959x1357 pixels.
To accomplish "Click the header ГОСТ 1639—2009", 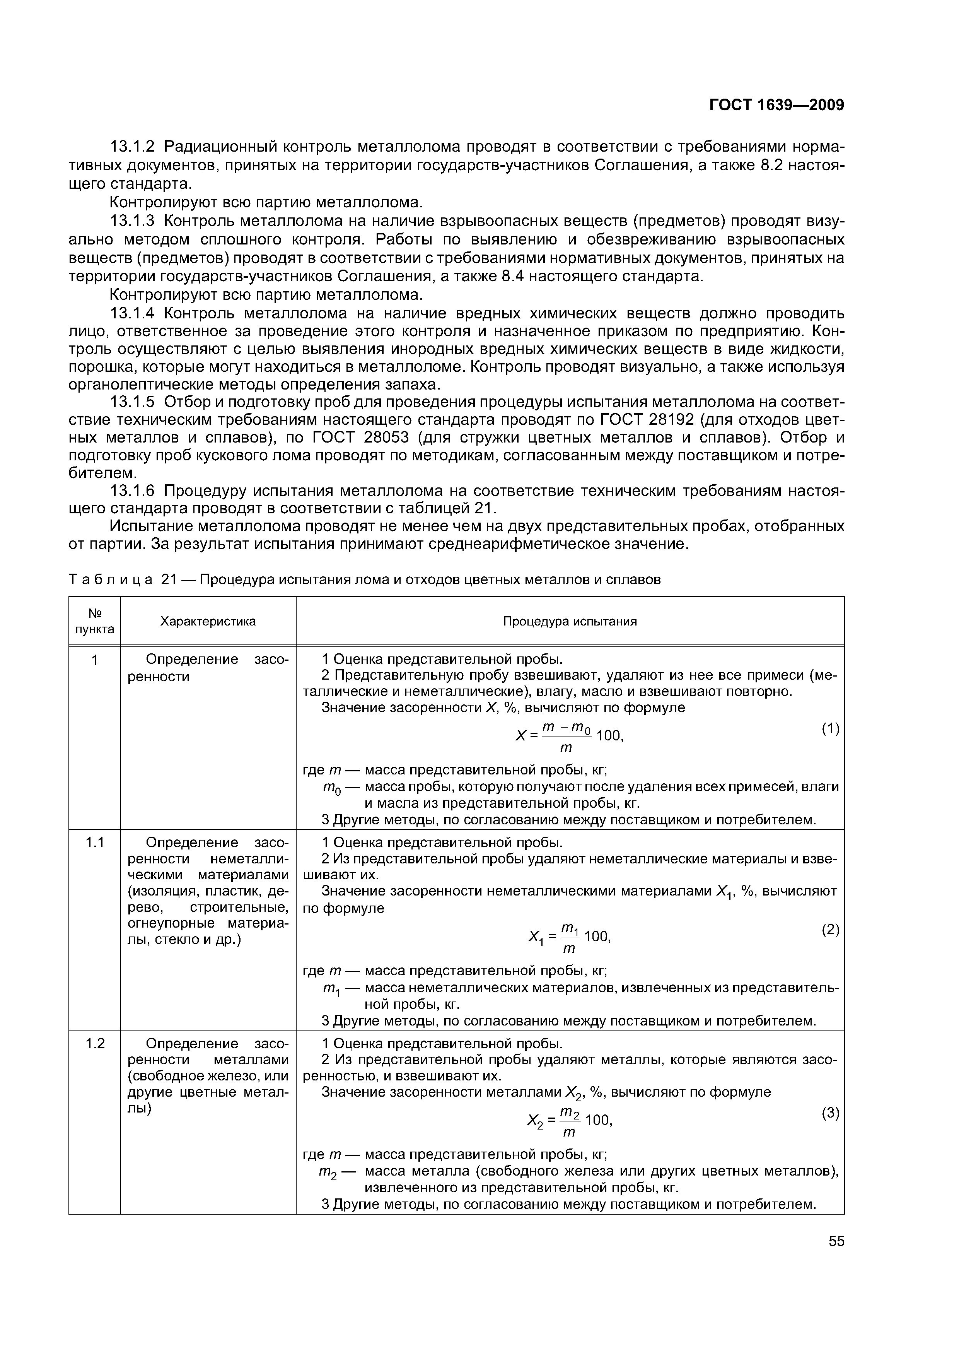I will (776, 105).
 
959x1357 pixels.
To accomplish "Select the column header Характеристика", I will (208, 621).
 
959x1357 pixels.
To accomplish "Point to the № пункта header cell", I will (94, 621).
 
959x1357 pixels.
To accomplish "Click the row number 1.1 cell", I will (94, 842).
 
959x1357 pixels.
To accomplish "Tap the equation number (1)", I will (830, 729).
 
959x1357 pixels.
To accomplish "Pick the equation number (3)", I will (830, 1114).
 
